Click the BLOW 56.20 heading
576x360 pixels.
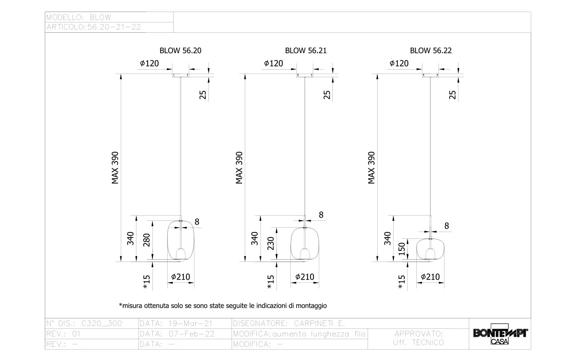coord(180,51)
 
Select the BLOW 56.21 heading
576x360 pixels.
coord(306,51)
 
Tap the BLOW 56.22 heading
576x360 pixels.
coord(431,51)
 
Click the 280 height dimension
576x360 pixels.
coord(146,240)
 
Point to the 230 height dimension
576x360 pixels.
coord(270,243)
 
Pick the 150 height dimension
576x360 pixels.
coord(402,249)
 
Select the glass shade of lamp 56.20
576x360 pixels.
coord(168,240)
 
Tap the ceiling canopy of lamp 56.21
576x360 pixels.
coord(305,75)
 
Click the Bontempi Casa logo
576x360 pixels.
coord(500,334)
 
